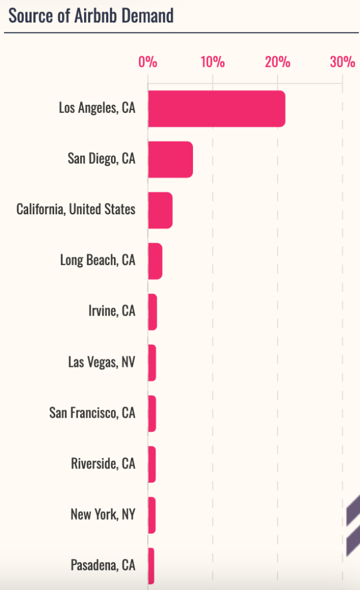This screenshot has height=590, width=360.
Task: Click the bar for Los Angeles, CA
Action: pyautogui.click(x=216, y=108)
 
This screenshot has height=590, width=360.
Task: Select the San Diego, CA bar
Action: pyautogui.click(x=170, y=159)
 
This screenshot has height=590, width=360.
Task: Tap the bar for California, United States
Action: pyautogui.click(x=160, y=210)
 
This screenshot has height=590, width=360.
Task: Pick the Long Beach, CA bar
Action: pyautogui.click(x=155, y=260)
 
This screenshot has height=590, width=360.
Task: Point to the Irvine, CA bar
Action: pyautogui.click(x=152, y=312)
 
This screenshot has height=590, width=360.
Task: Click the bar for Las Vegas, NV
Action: pyautogui.click(x=152, y=362)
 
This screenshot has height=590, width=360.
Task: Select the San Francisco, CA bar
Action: pyautogui.click(x=152, y=413)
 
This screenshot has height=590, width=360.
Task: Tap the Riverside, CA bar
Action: pyautogui.click(x=152, y=464)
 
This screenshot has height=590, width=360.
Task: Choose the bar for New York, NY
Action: pyautogui.click(x=151, y=515)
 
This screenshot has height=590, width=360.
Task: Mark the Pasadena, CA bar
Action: pyautogui.click(x=151, y=565)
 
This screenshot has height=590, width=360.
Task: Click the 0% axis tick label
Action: pyautogui.click(x=148, y=62)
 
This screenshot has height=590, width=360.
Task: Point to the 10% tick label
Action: pyautogui.click(x=213, y=62)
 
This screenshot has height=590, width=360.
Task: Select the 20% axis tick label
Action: pyautogui.click(x=278, y=62)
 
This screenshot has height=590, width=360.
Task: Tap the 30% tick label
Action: pyautogui.click(x=342, y=62)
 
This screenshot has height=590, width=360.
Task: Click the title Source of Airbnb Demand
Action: pyautogui.click(x=91, y=16)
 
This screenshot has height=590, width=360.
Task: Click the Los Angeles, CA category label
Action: pyautogui.click(x=97, y=108)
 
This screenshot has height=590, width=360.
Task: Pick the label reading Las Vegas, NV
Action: pyautogui.click(x=102, y=362)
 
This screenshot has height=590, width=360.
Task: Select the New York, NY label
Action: pyautogui.click(x=103, y=515)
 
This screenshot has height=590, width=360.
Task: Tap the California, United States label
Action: pyautogui.click(x=76, y=209)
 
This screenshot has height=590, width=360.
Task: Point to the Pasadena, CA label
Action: pyautogui.click(x=103, y=565)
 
